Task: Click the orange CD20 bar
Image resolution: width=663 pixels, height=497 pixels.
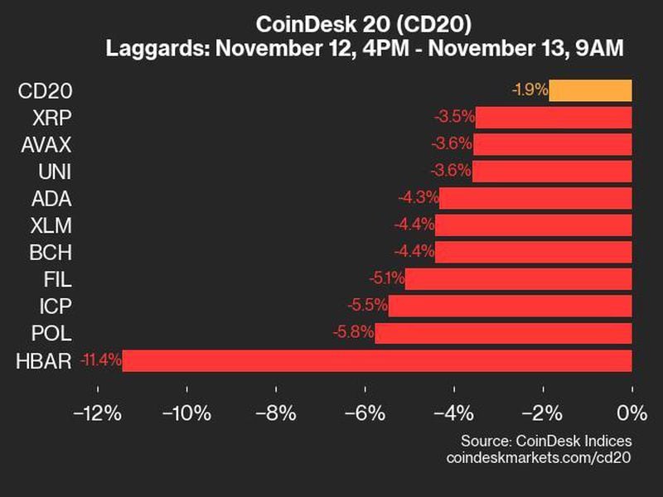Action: [590, 90]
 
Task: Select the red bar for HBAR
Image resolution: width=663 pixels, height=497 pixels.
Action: [377, 360]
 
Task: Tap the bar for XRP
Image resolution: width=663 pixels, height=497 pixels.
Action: [554, 118]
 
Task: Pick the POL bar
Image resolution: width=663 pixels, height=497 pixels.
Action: [503, 334]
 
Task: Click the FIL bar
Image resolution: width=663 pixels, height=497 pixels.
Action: [519, 279]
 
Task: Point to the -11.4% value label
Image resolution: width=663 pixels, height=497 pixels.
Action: [101, 360]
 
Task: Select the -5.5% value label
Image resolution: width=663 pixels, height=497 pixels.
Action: [369, 306]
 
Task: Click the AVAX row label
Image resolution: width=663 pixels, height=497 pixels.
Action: [46, 145]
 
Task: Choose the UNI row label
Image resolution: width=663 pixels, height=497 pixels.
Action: [55, 171]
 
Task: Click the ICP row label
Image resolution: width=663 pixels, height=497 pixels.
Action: [55, 306]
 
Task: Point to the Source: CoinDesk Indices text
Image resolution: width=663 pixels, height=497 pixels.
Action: [545, 441]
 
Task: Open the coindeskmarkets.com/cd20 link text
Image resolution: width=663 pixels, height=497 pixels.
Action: [539, 458]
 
